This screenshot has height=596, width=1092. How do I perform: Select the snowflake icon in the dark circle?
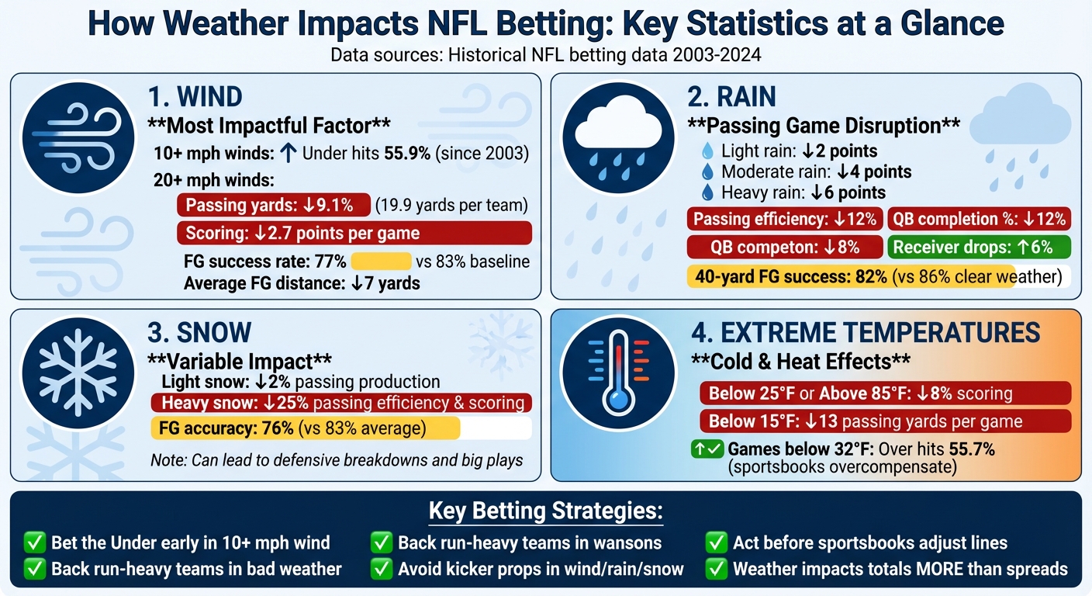coord(79,373)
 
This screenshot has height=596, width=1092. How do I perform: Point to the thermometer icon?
coord(619,373)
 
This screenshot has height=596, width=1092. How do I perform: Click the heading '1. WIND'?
coord(195,97)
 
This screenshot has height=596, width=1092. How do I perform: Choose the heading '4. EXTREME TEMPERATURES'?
coord(865,332)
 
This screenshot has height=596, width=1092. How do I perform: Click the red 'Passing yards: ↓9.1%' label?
coord(273,206)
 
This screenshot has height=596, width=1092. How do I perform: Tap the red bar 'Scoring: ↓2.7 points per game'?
coord(354,233)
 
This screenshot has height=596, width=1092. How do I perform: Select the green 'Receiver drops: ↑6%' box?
coord(979,248)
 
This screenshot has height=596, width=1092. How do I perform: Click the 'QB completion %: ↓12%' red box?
coord(979,219)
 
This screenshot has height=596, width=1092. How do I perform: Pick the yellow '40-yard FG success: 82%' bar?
coord(851,276)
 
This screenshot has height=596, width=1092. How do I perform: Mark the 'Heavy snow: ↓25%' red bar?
coord(341,403)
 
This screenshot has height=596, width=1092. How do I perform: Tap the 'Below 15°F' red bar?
coord(884,421)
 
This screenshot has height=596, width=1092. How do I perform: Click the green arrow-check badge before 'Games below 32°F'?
coord(706,449)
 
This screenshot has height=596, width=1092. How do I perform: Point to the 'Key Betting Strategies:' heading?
coord(545,513)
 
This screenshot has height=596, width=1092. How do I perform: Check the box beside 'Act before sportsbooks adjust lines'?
coord(716,542)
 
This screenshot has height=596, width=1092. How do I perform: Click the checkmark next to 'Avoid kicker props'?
coord(381,569)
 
